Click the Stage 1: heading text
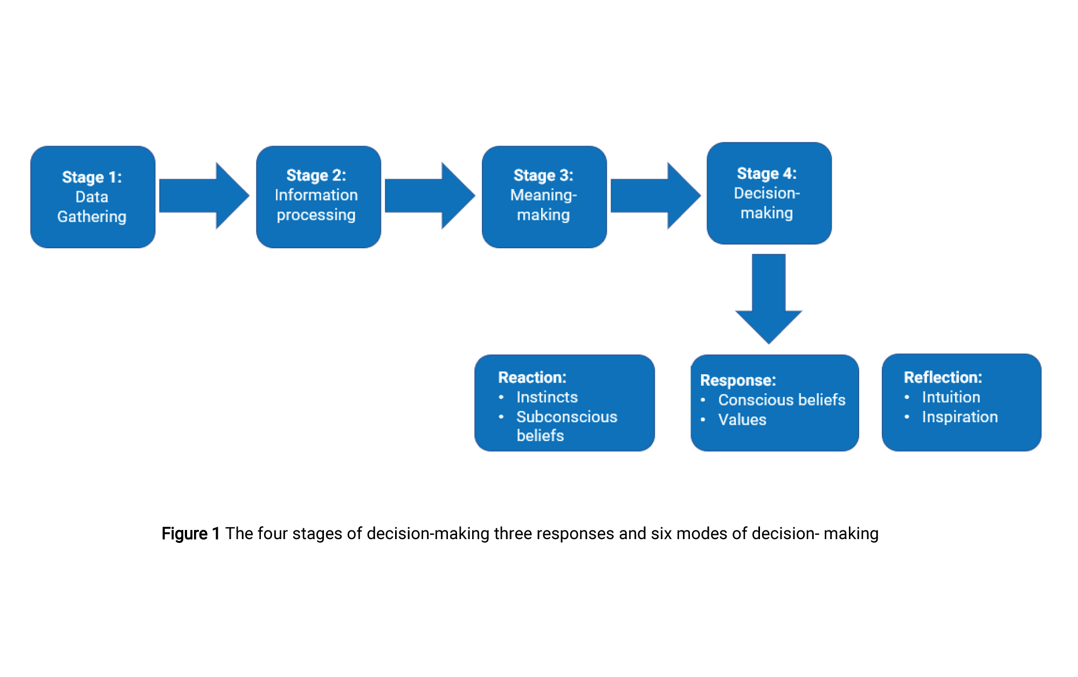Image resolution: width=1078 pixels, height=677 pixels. tap(92, 177)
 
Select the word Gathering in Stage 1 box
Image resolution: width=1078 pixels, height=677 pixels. tap(92, 217)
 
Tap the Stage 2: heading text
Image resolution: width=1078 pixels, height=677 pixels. tap(316, 176)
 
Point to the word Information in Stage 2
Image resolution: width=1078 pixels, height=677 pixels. tap(316, 195)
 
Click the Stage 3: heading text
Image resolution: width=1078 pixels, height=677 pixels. tap(543, 176)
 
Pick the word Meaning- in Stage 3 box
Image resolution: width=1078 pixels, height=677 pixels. tap(543, 195)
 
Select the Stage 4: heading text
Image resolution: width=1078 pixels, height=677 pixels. tap(766, 173)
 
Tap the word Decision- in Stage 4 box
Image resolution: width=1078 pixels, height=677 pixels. tap(766, 193)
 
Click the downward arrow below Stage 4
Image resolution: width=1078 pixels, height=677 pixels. tap(769, 299)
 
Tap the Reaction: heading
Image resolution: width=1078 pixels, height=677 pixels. tap(532, 378)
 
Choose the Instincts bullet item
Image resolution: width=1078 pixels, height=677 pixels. tap(547, 397)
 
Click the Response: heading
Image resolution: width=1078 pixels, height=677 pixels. tap(738, 380)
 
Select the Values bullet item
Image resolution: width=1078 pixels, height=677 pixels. tap(742, 420)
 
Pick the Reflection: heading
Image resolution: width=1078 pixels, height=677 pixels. tap(943, 378)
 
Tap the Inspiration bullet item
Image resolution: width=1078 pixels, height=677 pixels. tap(959, 417)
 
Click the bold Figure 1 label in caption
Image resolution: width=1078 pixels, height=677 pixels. tap(190, 533)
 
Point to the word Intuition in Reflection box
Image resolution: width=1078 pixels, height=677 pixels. tap(951, 397)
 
